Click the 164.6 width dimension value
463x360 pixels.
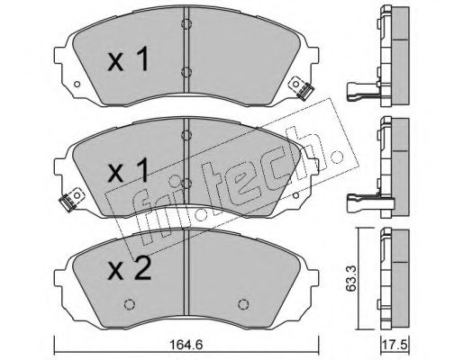click(x=186, y=345)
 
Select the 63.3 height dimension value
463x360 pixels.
click(x=351, y=278)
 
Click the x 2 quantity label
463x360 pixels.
click(x=130, y=269)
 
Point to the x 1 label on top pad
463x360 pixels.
click(x=129, y=59)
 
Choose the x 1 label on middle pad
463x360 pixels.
click(x=129, y=170)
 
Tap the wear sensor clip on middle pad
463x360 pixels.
click(x=71, y=200)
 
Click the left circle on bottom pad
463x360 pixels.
click(x=130, y=304)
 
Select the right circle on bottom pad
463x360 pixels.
click(x=243, y=304)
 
